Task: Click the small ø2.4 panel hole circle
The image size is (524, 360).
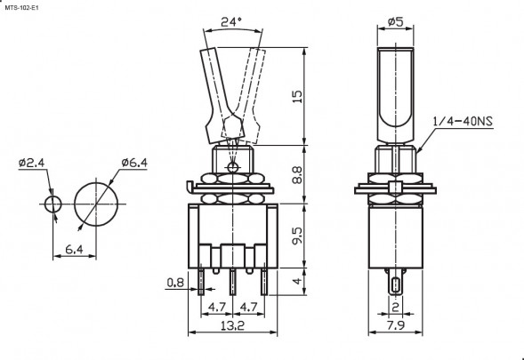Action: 52,204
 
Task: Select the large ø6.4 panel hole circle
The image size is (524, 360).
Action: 96,204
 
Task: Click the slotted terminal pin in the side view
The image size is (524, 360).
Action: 395,285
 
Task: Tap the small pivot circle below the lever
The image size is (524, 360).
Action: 234,167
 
